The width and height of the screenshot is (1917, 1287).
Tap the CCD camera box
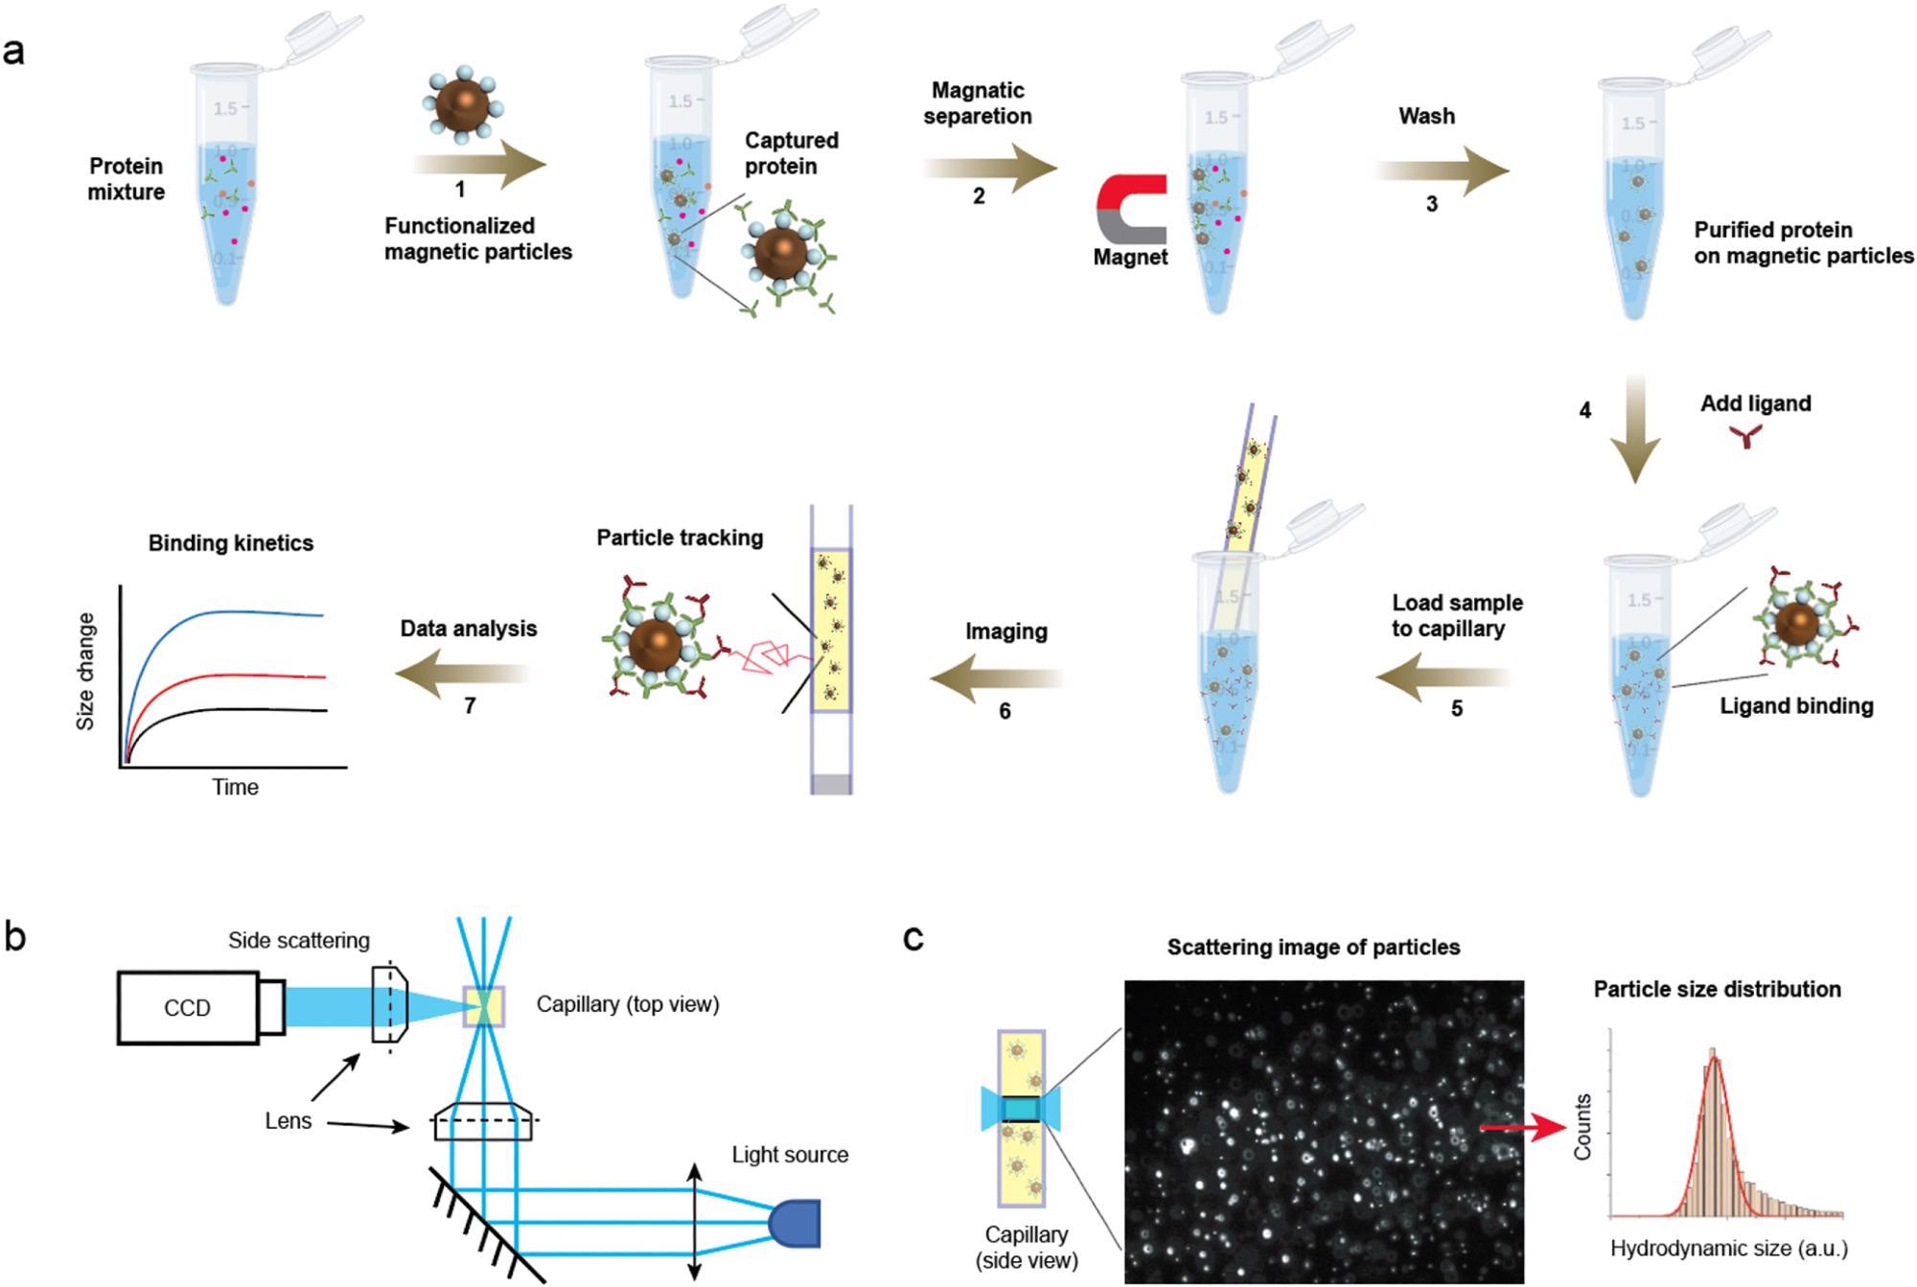pos(188,1007)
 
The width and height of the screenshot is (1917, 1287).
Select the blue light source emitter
pos(795,1223)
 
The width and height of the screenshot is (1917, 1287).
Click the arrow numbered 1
pos(479,164)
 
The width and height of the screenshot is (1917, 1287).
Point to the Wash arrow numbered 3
pos(1443,171)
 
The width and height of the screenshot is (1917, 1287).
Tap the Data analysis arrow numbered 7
pos(462,674)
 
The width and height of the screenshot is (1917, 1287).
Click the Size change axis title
pos(85,672)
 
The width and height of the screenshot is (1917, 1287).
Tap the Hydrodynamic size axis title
pos(1729,1248)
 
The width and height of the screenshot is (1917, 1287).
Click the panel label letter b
pos(15,936)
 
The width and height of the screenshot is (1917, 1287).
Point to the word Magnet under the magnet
pos(1131,257)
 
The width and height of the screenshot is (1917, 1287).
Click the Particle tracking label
pos(680,538)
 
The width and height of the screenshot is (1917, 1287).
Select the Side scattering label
pos(299,940)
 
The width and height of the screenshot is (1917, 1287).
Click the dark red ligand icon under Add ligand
pos(1745,437)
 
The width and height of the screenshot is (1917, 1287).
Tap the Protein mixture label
pos(127,178)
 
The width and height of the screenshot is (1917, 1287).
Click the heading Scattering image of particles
pos(1313,947)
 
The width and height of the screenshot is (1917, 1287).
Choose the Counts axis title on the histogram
pos(1582,1126)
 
